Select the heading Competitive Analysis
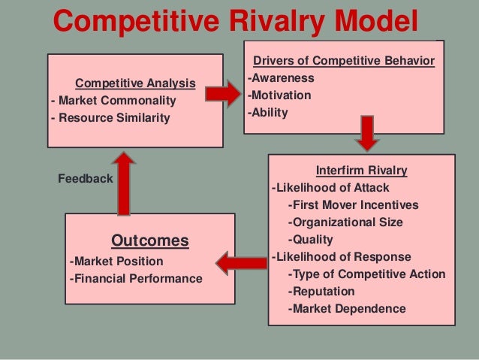click(136, 83)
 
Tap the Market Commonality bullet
click(113, 100)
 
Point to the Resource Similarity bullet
click(110, 118)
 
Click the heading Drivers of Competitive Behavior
click(345, 61)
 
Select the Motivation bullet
click(279, 95)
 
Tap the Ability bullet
click(267, 113)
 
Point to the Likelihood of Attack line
click(330, 188)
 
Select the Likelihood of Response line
click(341, 257)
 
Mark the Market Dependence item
click(346, 308)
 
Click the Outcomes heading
click(150, 241)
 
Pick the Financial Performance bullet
click(136, 279)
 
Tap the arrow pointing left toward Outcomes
click(241, 262)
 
